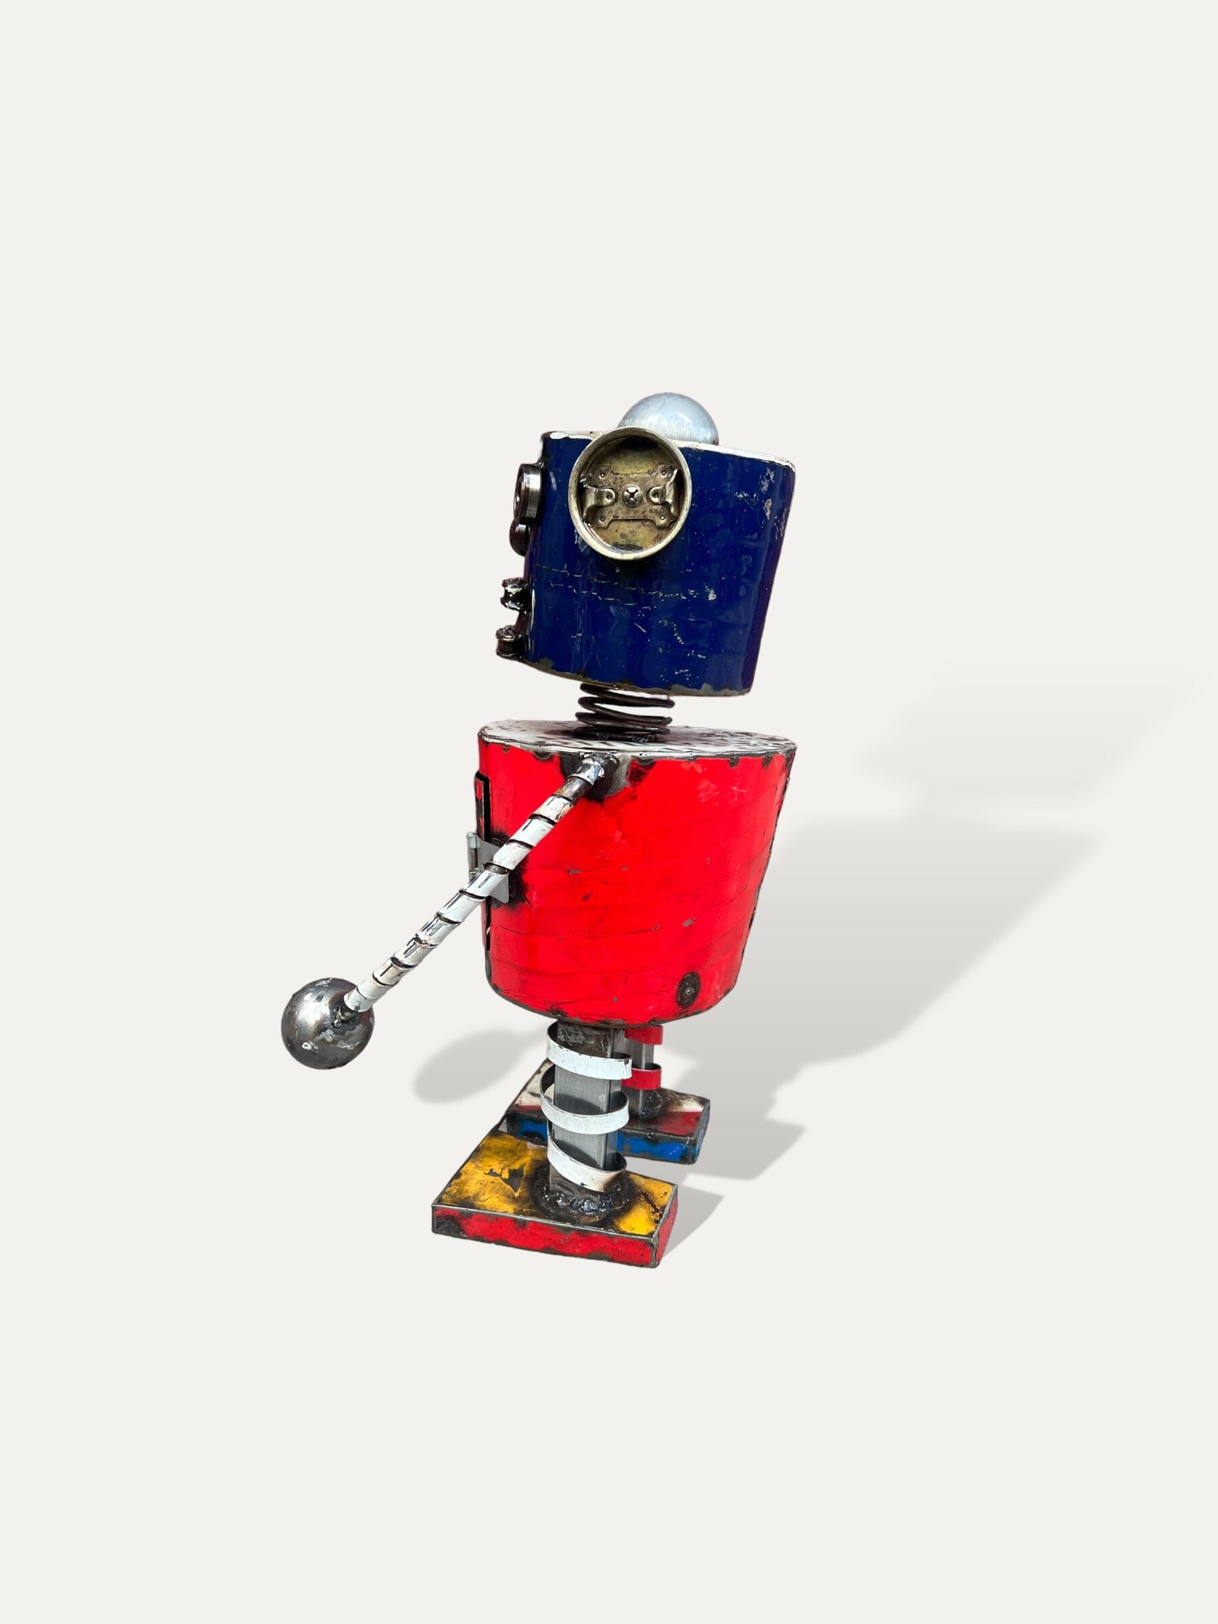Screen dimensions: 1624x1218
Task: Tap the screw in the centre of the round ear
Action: [x=629, y=497]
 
